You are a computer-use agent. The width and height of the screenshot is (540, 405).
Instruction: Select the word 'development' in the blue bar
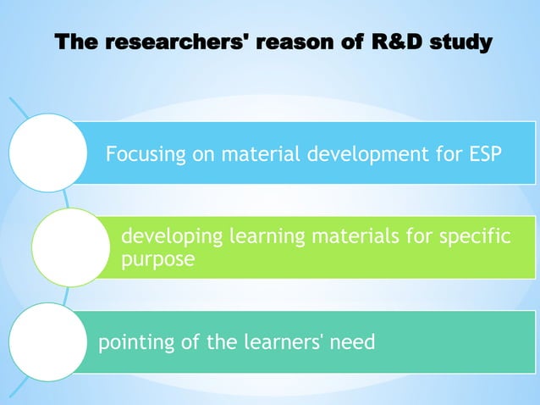coord(370,155)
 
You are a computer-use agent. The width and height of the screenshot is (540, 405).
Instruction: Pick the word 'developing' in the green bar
coord(169,236)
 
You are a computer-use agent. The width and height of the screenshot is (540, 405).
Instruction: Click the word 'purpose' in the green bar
coord(157,259)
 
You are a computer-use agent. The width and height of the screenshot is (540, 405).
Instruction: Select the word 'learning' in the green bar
coord(266,236)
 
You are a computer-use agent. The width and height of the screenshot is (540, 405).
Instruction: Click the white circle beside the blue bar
coord(47,153)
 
